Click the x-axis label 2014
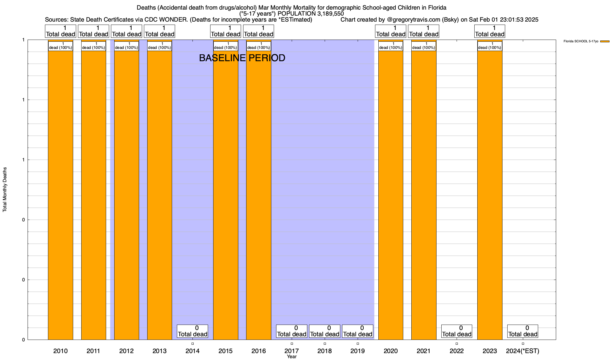pyautogui.click(x=192, y=351)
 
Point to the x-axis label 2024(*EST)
pyautogui.click(x=523, y=351)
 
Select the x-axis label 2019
pyautogui.click(x=358, y=351)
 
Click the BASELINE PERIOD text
pyautogui.click(x=242, y=58)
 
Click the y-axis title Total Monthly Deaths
pyautogui.click(x=5, y=190)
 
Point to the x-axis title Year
pyautogui.click(x=291, y=356)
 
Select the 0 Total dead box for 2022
pyautogui.click(x=457, y=331)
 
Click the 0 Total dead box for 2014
pyautogui.click(x=192, y=331)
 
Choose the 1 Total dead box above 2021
pyautogui.click(x=424, y=31)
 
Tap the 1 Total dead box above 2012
pyautogui.click(x=127, y=31)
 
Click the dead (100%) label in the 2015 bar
pyautogui.click(x=226, y=46)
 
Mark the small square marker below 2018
pyautogui.click(x=325, y=343)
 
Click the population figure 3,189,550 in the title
pyautogui.click(x=326, y=13)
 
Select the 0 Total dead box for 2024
pyautogui.click(x=523, y=331)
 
